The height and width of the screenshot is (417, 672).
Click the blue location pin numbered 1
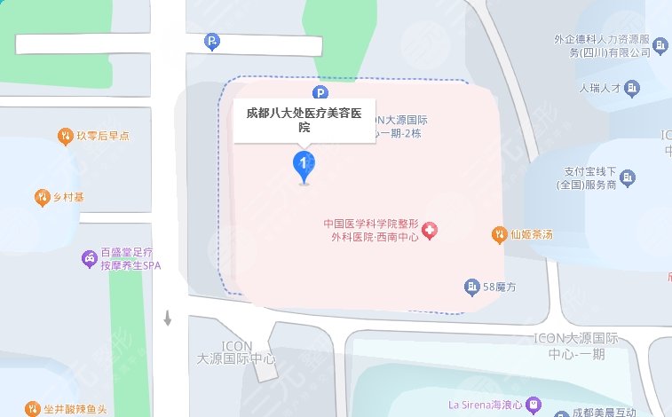(304, 165)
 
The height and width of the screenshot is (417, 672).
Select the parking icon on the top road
(211, 41)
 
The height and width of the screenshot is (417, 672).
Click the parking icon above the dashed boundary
(320, 92)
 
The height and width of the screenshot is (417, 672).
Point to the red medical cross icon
(431, 231)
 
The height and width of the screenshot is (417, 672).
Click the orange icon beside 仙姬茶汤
(499, 235)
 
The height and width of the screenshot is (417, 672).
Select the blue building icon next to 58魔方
(470, 286)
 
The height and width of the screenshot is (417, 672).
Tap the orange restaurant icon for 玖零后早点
(64, 136)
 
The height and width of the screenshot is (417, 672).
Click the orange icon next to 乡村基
(42, 196)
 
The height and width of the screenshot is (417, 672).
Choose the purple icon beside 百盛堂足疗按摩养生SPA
(90, 258)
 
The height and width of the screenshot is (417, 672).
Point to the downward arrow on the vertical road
(167, 318)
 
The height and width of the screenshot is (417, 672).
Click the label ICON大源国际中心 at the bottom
(236, 353)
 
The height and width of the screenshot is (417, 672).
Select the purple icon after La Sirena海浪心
(533, 405)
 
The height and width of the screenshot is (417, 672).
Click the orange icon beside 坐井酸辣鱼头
(32, 410)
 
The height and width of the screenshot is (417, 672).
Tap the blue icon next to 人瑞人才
(632, 88)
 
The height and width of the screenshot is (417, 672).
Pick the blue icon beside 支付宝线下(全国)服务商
(627, 177)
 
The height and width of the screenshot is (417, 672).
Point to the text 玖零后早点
(103, 136)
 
